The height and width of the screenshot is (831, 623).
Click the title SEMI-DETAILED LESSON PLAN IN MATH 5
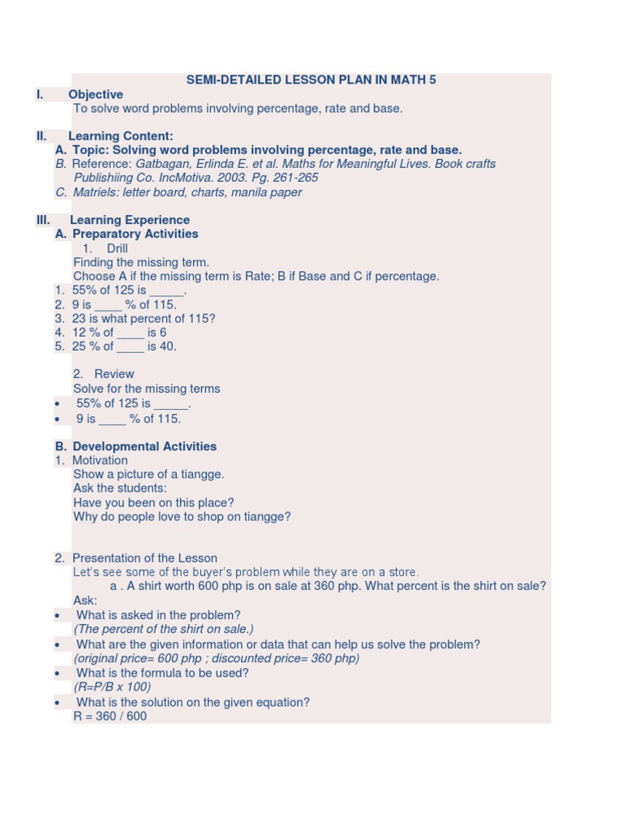coord(311,80)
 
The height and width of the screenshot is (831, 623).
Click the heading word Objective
coord(96,94)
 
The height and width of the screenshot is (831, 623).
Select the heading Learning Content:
coord(121,136)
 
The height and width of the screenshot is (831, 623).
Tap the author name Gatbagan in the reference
coord(163,164)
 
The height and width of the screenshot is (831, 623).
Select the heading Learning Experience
coord(130,220)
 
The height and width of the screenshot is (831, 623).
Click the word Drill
coord(117,248)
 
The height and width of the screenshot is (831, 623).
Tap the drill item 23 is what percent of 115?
coord(144,319)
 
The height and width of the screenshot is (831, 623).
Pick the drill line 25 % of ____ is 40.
coord(124,347)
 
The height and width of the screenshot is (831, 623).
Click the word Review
coord(114,374)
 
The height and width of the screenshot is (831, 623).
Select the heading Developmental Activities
coord(144,446)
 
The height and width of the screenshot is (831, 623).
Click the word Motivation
coord(100,460)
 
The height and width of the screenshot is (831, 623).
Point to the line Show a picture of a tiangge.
coord(148,475)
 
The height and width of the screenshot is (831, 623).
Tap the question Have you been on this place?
coord(153,502)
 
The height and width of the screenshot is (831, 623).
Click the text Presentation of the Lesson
coord(144,558)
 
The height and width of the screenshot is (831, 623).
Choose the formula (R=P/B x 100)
coord(112,687)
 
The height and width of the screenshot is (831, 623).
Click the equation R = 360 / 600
coord(110,717)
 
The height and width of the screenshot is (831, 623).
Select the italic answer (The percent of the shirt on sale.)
coord(164,630)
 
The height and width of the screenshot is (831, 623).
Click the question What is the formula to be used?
coord(162,673)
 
